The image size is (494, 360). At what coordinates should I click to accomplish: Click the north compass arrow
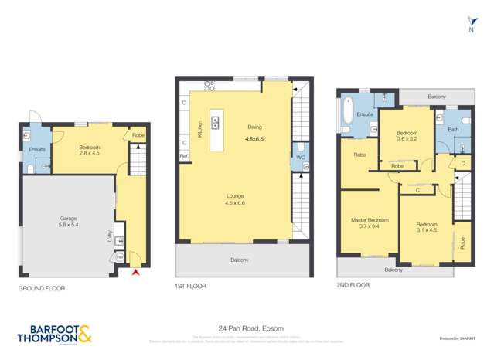click(x=471, y=22)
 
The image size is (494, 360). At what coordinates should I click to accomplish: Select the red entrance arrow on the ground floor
click(x=137, y=271)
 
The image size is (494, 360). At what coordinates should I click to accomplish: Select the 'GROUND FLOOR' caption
click(x=42, y=288)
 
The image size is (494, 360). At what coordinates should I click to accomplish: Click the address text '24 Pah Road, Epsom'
click(x=247, y=327)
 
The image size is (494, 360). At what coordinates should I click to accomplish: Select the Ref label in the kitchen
click(x=183, y=156)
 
